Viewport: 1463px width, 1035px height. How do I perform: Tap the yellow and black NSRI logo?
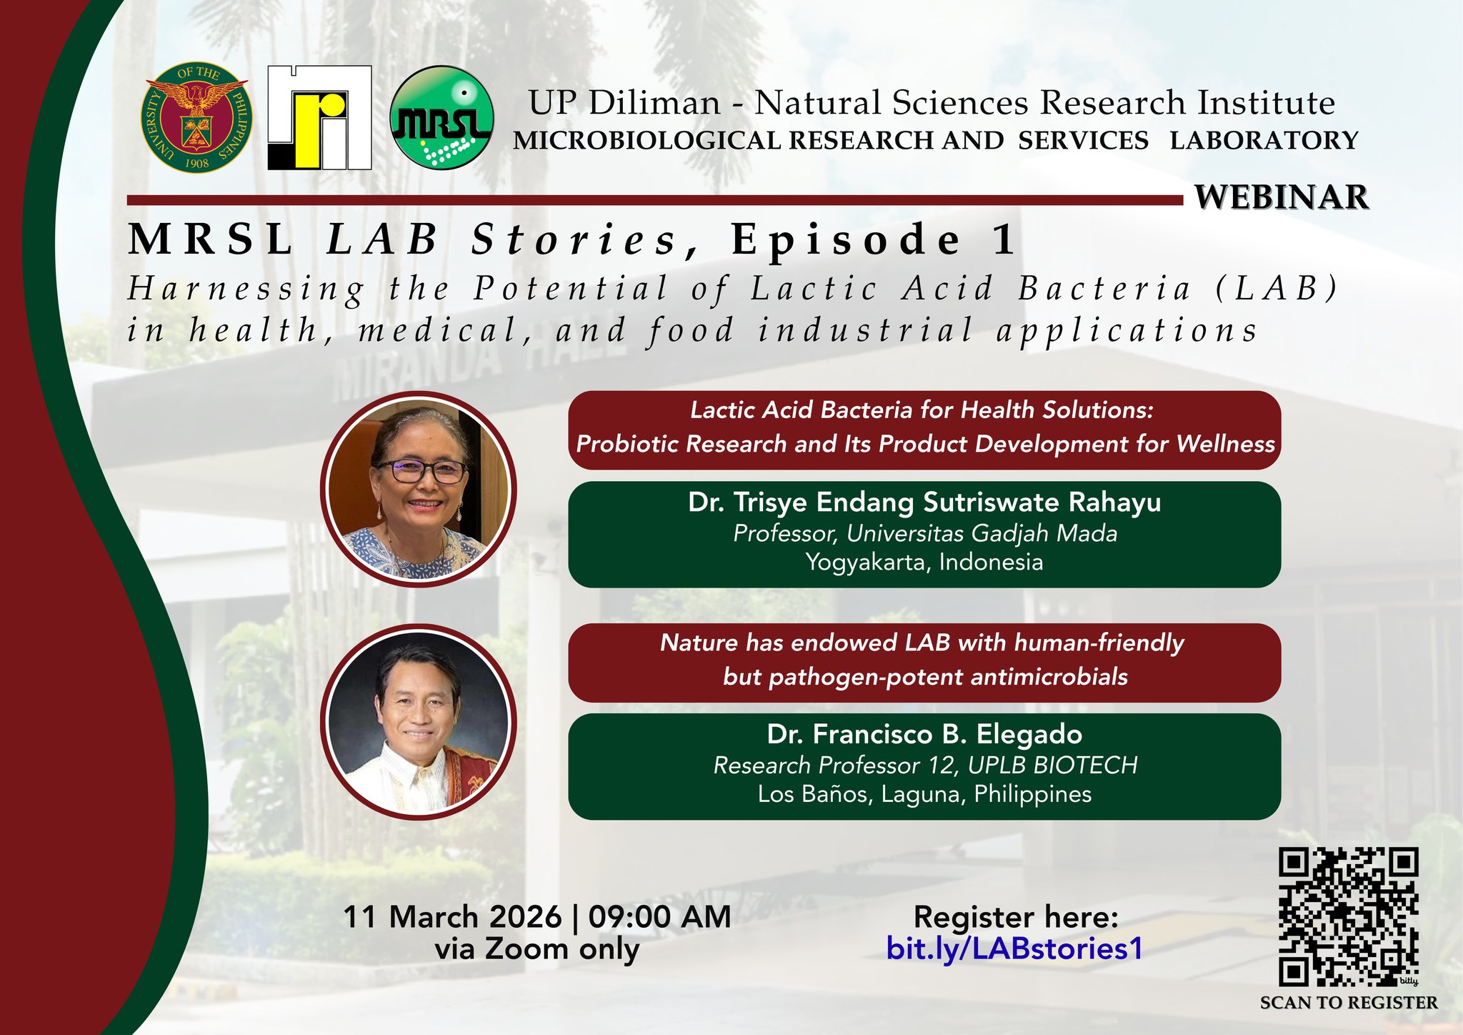click(319, 118)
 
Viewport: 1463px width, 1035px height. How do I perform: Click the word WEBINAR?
click(1282, 198)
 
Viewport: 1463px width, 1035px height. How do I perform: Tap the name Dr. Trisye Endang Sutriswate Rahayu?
click(924, 502)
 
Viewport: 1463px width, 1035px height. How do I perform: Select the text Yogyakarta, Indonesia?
click(924, 562)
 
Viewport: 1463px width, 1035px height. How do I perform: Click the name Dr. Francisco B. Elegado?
click(924, 734)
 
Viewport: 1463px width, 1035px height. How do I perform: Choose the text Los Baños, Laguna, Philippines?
click(924, 794)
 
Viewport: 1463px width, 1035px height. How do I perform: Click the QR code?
click(1347, 916)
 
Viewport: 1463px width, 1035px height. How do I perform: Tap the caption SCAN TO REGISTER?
click(1348, 1003)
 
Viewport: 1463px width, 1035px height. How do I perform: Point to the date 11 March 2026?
click(452, 917)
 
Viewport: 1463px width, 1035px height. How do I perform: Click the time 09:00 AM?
click(659, 917)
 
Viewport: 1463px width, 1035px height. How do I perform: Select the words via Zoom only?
click(537, 949)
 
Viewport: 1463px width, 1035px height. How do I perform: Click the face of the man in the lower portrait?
click(418, 711)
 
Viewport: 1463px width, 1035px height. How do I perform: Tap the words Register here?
click(1015, 917)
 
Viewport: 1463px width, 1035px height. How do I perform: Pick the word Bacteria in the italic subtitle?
click(1104, 289)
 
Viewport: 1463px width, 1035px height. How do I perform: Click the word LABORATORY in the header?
click(1263, 140)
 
